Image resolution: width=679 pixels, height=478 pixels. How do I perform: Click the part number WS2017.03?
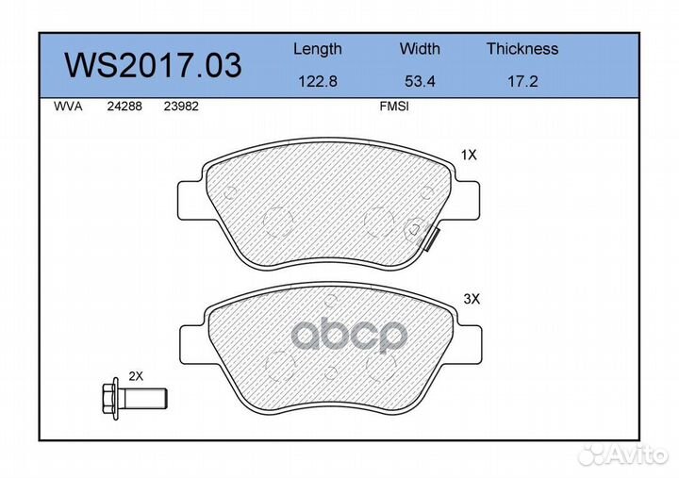tap(153, 65)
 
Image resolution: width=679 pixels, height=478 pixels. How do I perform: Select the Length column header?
tap(318, 50)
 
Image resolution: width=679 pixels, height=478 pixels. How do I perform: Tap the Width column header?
tap(420, 48)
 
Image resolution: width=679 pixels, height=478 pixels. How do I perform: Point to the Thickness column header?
tap(522, 48)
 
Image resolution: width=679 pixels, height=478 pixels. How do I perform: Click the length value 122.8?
tap(318, 81)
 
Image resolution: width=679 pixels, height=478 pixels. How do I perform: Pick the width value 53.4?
tap(420, 81)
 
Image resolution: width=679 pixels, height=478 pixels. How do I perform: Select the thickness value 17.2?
tap(522, 81)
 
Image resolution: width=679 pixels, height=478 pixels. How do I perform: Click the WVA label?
tap(68, 107)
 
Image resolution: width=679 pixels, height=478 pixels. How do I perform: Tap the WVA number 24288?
tap(124, 107)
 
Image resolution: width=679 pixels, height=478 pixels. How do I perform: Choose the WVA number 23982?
tap(181, 107)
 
